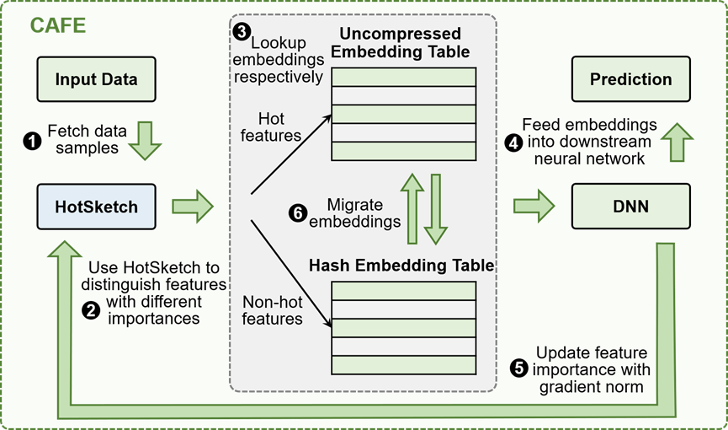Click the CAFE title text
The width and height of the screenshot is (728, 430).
[x=58, y=25]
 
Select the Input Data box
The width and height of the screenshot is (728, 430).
[x=96, y=80]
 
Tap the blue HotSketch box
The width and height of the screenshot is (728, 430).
[x=96, y=207]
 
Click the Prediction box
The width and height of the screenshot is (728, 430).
[x=630, y=80]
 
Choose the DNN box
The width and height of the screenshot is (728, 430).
[x=630, y=207]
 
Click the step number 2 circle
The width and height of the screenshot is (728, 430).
[x=90, y=310]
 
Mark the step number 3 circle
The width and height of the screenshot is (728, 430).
[x=242, y=33]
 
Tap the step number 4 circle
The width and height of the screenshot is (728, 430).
[x=513, y=142]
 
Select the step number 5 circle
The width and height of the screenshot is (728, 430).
[x=519, y=368]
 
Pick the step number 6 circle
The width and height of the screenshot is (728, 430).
[x=297, y=213]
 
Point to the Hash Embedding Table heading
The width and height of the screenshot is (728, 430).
[x=401, y=266]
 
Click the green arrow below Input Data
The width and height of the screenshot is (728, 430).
[x=145, y=141]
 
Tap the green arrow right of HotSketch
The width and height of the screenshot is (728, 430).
[x=193, y=206]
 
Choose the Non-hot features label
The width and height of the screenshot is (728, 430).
[x=272, y=309]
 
